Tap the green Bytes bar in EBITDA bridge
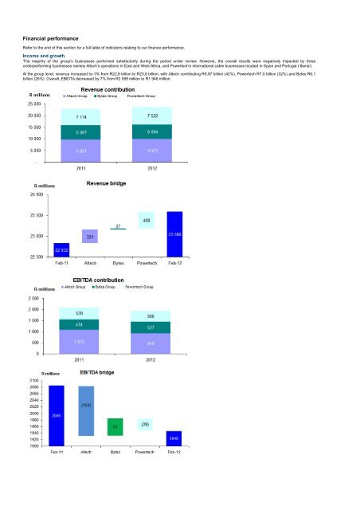115,427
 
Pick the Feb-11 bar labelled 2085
57,415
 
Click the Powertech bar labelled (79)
145,425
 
